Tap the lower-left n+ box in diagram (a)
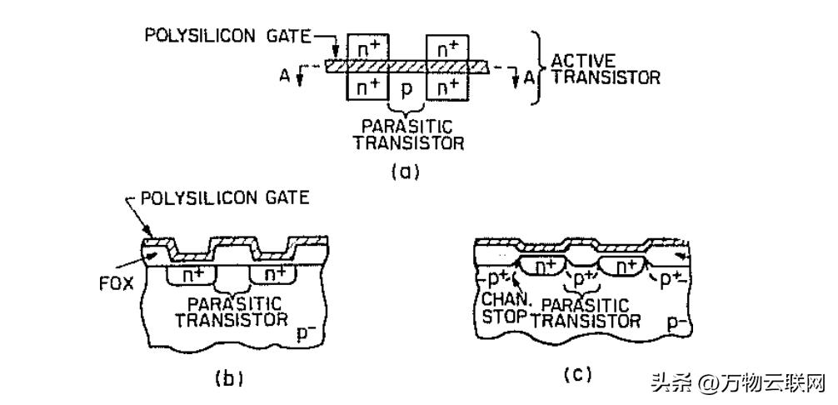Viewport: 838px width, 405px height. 367,86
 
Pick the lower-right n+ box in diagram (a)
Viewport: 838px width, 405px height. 447,86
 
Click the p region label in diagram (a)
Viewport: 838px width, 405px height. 407,88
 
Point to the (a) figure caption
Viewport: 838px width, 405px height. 407,173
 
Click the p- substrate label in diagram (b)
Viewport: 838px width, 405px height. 307,333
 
